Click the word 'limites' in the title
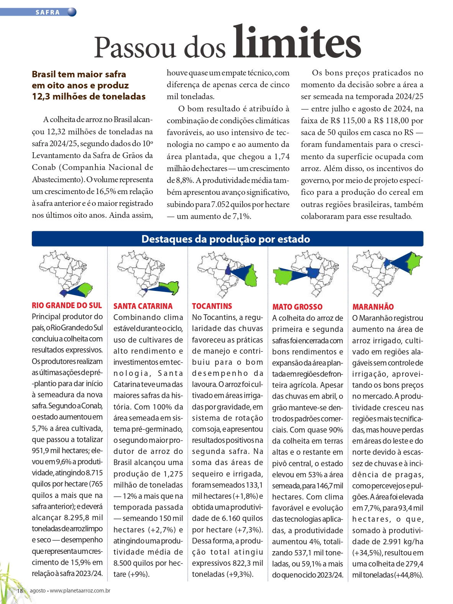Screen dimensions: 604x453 click(297, 42)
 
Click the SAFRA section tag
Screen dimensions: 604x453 click(48, 12)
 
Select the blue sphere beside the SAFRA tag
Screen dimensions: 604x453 click(72, 12)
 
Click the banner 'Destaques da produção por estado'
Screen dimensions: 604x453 click(226, 239)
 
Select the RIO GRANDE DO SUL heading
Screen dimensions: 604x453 click(67, 305)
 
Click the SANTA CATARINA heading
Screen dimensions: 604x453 click(143, 306)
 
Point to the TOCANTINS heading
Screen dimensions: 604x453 click(212, 306)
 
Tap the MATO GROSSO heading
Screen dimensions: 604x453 click(297, 307)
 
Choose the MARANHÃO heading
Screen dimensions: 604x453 click(373, 307)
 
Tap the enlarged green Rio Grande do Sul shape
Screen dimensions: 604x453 click(84, 289)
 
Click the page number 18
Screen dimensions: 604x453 click(20, 591)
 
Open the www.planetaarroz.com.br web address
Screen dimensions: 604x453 click(80, 591)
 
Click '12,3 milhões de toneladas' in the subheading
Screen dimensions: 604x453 click(89, 96)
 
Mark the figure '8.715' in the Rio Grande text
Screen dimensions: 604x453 click(94, 473)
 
